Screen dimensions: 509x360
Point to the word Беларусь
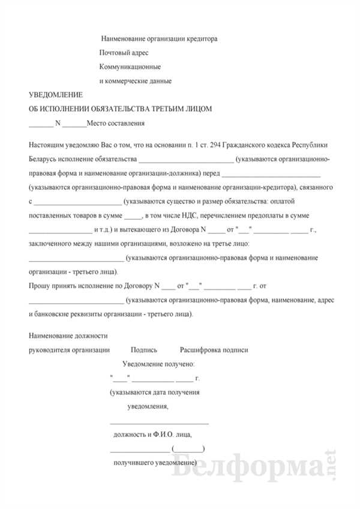click(x=44, y=159)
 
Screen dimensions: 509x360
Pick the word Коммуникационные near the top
click(x=133, y=67)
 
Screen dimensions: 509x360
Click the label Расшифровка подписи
click(x=214, y=350)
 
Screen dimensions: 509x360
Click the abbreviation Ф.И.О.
click(x=165, y=435)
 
